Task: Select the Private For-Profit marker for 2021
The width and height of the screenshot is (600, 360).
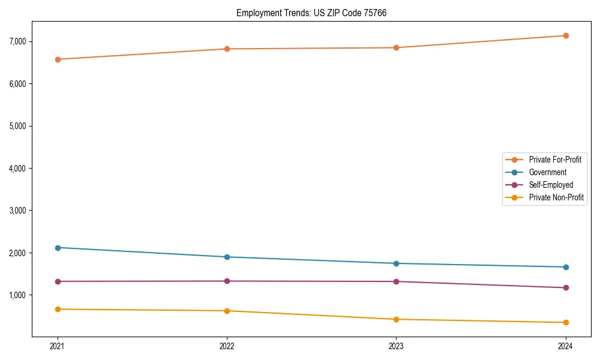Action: click(x=58, y=59)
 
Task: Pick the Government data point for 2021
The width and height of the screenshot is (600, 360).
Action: click(x=58, y=248)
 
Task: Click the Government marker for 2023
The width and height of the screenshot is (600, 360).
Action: click(x=396, y=263)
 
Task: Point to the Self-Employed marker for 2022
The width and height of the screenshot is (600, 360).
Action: click(x=227, y=281)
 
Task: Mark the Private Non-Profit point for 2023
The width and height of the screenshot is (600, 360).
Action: click(x=396, y=319)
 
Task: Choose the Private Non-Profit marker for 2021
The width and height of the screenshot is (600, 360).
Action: click(x=58, y=309)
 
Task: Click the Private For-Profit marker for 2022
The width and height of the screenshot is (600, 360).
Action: click(x=227, y=49)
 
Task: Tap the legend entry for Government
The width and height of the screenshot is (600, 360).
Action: click(x=547, y=172)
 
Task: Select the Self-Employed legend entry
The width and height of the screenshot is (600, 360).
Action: click(x=551, y=185)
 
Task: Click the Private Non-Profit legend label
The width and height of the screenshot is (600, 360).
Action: click(x=556, y=197)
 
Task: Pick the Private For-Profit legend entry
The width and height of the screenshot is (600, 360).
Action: click(x=555, y=160)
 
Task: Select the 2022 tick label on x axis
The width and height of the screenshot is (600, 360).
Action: click(x=227, y=346)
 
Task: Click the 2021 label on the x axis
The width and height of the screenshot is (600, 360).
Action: click(x=58, y=346)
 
